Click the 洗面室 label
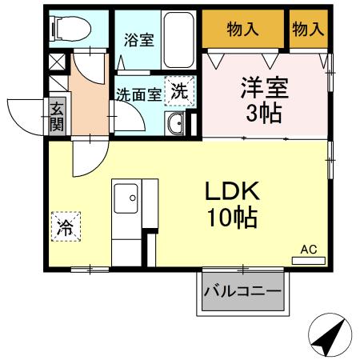tap(139, 94)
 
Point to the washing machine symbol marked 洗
tap(181, 90)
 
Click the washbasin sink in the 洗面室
tap(177, 122)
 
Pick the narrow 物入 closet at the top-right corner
tap(308, 30)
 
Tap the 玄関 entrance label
tap(57, 116)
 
